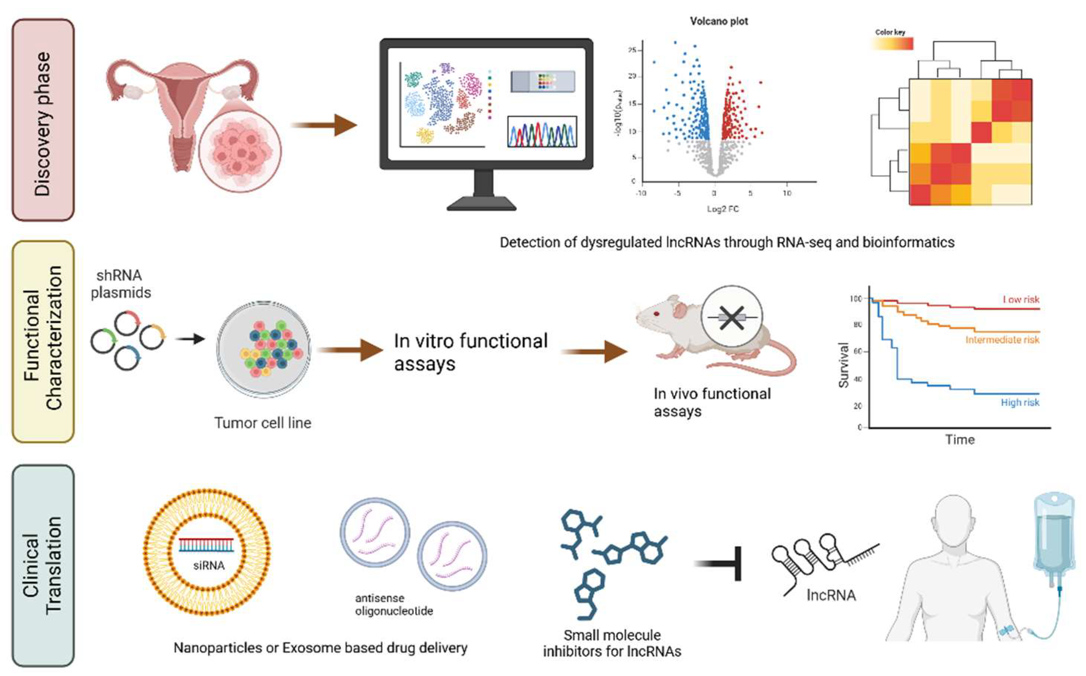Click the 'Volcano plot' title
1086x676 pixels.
(719, 22)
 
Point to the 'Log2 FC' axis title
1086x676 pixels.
(723, 209)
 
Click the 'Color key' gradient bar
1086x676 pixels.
(892, 44)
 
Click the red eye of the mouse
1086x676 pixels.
(656, 314)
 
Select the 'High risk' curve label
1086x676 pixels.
(1020, 403)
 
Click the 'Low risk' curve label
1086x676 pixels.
(1021, 299)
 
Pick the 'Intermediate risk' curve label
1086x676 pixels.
(1002, 340)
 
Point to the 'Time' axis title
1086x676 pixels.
(960, 440)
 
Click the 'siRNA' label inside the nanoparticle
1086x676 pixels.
(209, 566)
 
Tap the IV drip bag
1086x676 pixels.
(1053, 536)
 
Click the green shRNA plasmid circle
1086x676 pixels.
(103, 342)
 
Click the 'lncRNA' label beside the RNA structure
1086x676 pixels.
(831, 595)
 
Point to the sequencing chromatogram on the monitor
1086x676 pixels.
(542, 132)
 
